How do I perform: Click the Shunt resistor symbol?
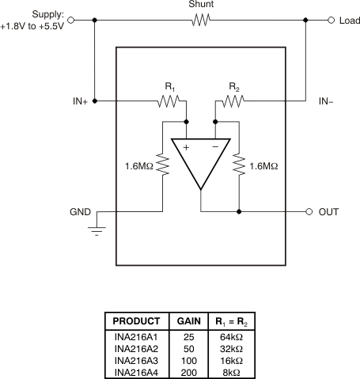[x=200, y=21]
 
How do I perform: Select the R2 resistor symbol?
[x=232, y=100]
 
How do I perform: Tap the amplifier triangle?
[x=200, y=163]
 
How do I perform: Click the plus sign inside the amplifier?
[x=186, y=147]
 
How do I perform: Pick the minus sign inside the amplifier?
[x=215, y=147]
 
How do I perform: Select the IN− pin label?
[x=328, y=101]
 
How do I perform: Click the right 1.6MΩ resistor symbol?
[x=238, y=165]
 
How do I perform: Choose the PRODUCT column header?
[x=136, y=322]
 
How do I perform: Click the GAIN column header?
[x=188, y=322]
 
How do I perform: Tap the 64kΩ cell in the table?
[x=229, y=337]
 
